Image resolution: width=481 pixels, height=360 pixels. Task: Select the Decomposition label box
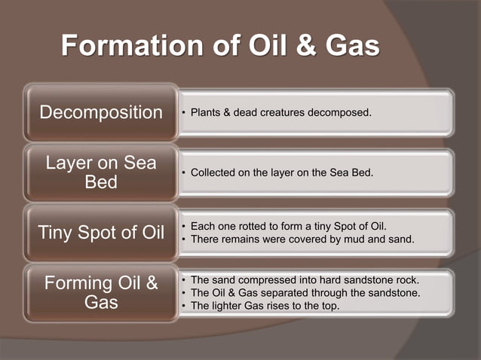click(x=100, y=113)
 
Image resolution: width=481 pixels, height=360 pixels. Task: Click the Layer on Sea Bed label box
click(x=100, y=172)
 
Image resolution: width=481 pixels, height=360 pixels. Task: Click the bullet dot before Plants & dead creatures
click(x=183, y=113)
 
